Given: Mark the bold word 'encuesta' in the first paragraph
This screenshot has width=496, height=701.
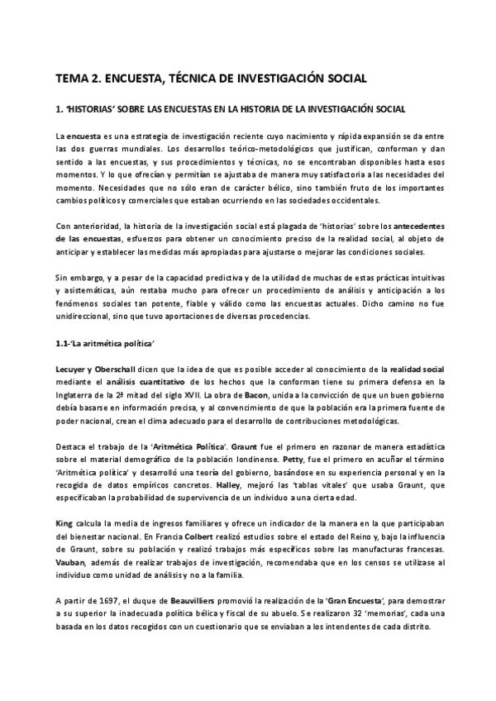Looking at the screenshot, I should pos(83,134).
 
